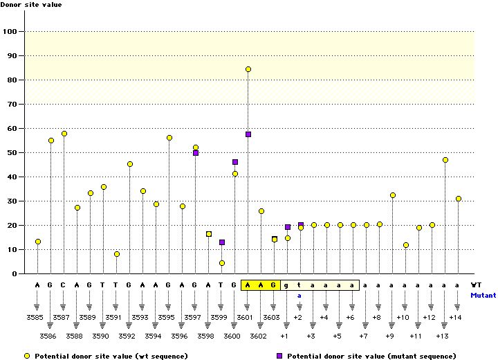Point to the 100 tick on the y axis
(x=10, y=31)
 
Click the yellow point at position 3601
(x=248, y=69)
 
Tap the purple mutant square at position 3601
(x=248, y=134)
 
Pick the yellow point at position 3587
(x=64, y=134)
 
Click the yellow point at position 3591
(x=117, y=254)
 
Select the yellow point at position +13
(x=445, y=160)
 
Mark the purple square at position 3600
(x=235, y=162)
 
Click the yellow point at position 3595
(x=169, y=138)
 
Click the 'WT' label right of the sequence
(x=477, y=285)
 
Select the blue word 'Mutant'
(x=483, y=295)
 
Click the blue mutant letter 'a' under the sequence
(x=299, y=295)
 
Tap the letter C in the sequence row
(x=64, y=285)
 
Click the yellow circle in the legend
(x=27, y=356)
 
